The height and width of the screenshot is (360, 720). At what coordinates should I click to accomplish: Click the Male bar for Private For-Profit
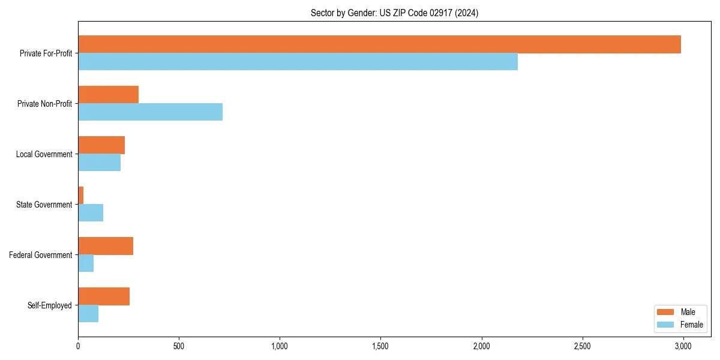point(379,44)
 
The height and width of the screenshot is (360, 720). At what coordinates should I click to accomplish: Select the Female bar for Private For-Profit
point(298,62)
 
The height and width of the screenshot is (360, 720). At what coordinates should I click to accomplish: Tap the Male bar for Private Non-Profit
point(108,95)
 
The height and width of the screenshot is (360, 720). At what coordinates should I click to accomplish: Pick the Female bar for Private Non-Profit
point(150,112)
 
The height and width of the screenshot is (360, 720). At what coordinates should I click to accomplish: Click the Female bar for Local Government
point(99,163)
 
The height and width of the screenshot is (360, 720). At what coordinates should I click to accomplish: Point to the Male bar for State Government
point(81,196)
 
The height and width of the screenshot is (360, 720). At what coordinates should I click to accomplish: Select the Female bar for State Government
point(91,213)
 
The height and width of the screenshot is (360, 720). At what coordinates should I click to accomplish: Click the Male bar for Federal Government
point(106,246)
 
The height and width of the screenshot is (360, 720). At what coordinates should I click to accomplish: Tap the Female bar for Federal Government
point(86,263)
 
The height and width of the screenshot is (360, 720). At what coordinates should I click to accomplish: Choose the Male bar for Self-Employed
point(104,296)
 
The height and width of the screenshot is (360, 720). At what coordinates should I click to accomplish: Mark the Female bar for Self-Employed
point(88,314)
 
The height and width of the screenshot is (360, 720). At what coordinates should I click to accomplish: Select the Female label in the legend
point(691,325)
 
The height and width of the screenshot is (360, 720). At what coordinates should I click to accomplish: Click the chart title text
point(394,13)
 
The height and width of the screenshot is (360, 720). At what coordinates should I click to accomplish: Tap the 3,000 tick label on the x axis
point(683,346)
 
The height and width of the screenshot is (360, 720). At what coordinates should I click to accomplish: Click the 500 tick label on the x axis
point(179,346)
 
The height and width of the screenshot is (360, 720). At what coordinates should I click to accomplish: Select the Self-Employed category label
point(49,305)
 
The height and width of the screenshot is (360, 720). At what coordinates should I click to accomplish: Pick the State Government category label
point(44,205)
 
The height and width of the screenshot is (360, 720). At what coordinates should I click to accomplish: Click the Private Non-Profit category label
point(44,104)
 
